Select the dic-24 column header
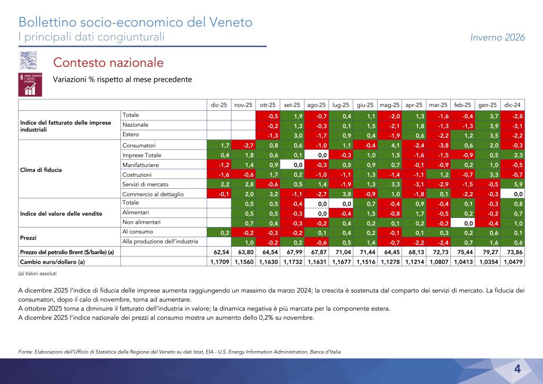pos(512,105)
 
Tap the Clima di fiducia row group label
pos(40,170)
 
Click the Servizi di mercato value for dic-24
pos(512,184)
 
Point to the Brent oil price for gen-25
pos(488,252)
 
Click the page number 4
pos(516,369)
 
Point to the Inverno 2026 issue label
pos(497,37)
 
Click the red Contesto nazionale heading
pos(108,62)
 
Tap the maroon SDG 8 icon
pos(31,85)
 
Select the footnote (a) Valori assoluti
pos(37,273)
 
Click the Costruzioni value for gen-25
pos(488,174)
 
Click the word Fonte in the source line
pos(27,351)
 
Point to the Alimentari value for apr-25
pos(415,213)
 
